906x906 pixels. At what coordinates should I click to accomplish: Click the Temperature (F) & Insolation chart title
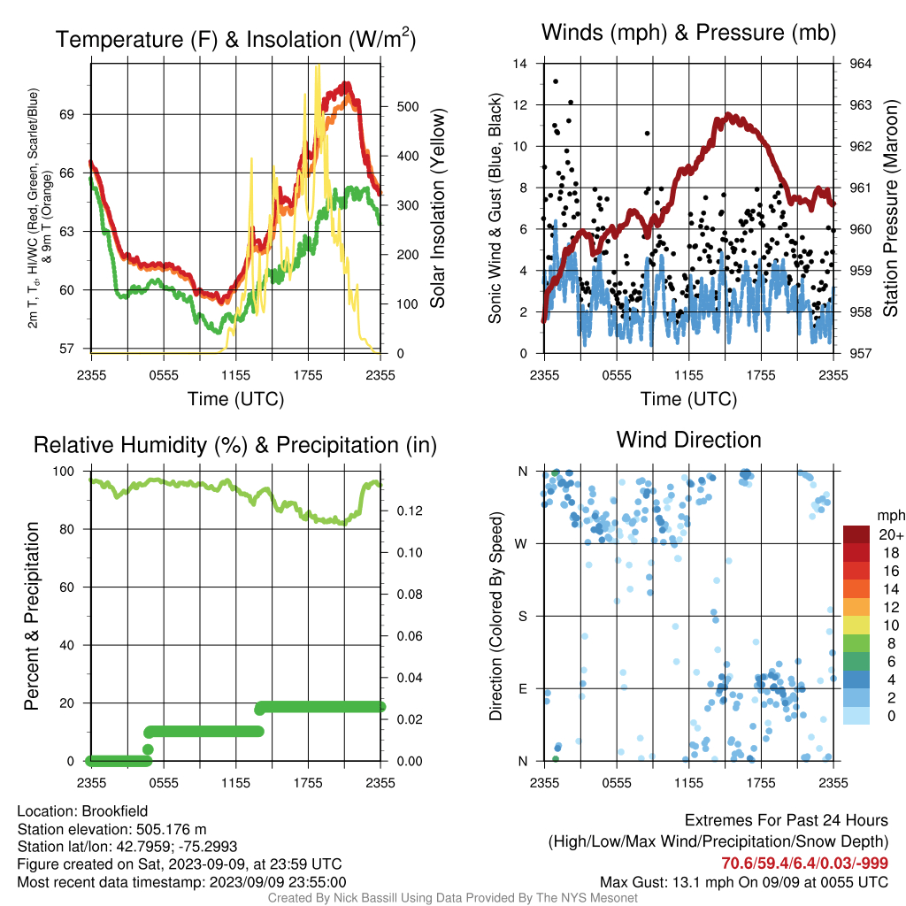click(x=235, y=39)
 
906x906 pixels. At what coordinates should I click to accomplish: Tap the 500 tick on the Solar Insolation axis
click(x=408, y=107)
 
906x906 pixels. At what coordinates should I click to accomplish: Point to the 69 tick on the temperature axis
click(x=66, y=114)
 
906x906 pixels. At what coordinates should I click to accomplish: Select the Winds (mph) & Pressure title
click(x=688, y=33)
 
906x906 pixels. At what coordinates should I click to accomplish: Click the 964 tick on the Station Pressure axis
click(x=860, y=64)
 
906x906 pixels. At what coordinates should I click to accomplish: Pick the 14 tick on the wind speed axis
click(x=520, y=64)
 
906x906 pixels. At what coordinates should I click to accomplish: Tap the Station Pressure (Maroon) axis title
click(x=890, y=208)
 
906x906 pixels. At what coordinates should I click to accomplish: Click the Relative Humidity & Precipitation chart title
click(x=235, y=445)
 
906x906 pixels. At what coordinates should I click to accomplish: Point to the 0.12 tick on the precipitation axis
click(x=410, y=511)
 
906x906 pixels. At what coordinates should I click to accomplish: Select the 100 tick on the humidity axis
click(x=64, y=471)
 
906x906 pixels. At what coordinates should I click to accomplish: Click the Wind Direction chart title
click(x=688, y=440)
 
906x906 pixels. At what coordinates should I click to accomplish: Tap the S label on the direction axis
click(x=523, y=617)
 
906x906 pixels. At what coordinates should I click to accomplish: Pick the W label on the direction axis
click(x=521, y=544)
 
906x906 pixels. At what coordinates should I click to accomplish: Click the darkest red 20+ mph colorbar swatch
click(x=856, y=534)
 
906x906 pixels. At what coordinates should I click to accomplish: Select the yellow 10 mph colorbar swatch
click(x=856, y=626)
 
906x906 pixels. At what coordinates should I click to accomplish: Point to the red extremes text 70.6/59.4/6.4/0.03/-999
click(x=804, y=864)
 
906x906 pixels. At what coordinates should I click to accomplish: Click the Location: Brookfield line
click(x=82, y=811)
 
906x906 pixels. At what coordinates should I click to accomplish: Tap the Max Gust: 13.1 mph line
click(x=744, y=882)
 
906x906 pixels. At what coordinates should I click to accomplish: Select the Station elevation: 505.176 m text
click(x=112, y=829)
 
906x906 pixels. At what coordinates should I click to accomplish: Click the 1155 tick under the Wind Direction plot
click(x=688, y=783)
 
